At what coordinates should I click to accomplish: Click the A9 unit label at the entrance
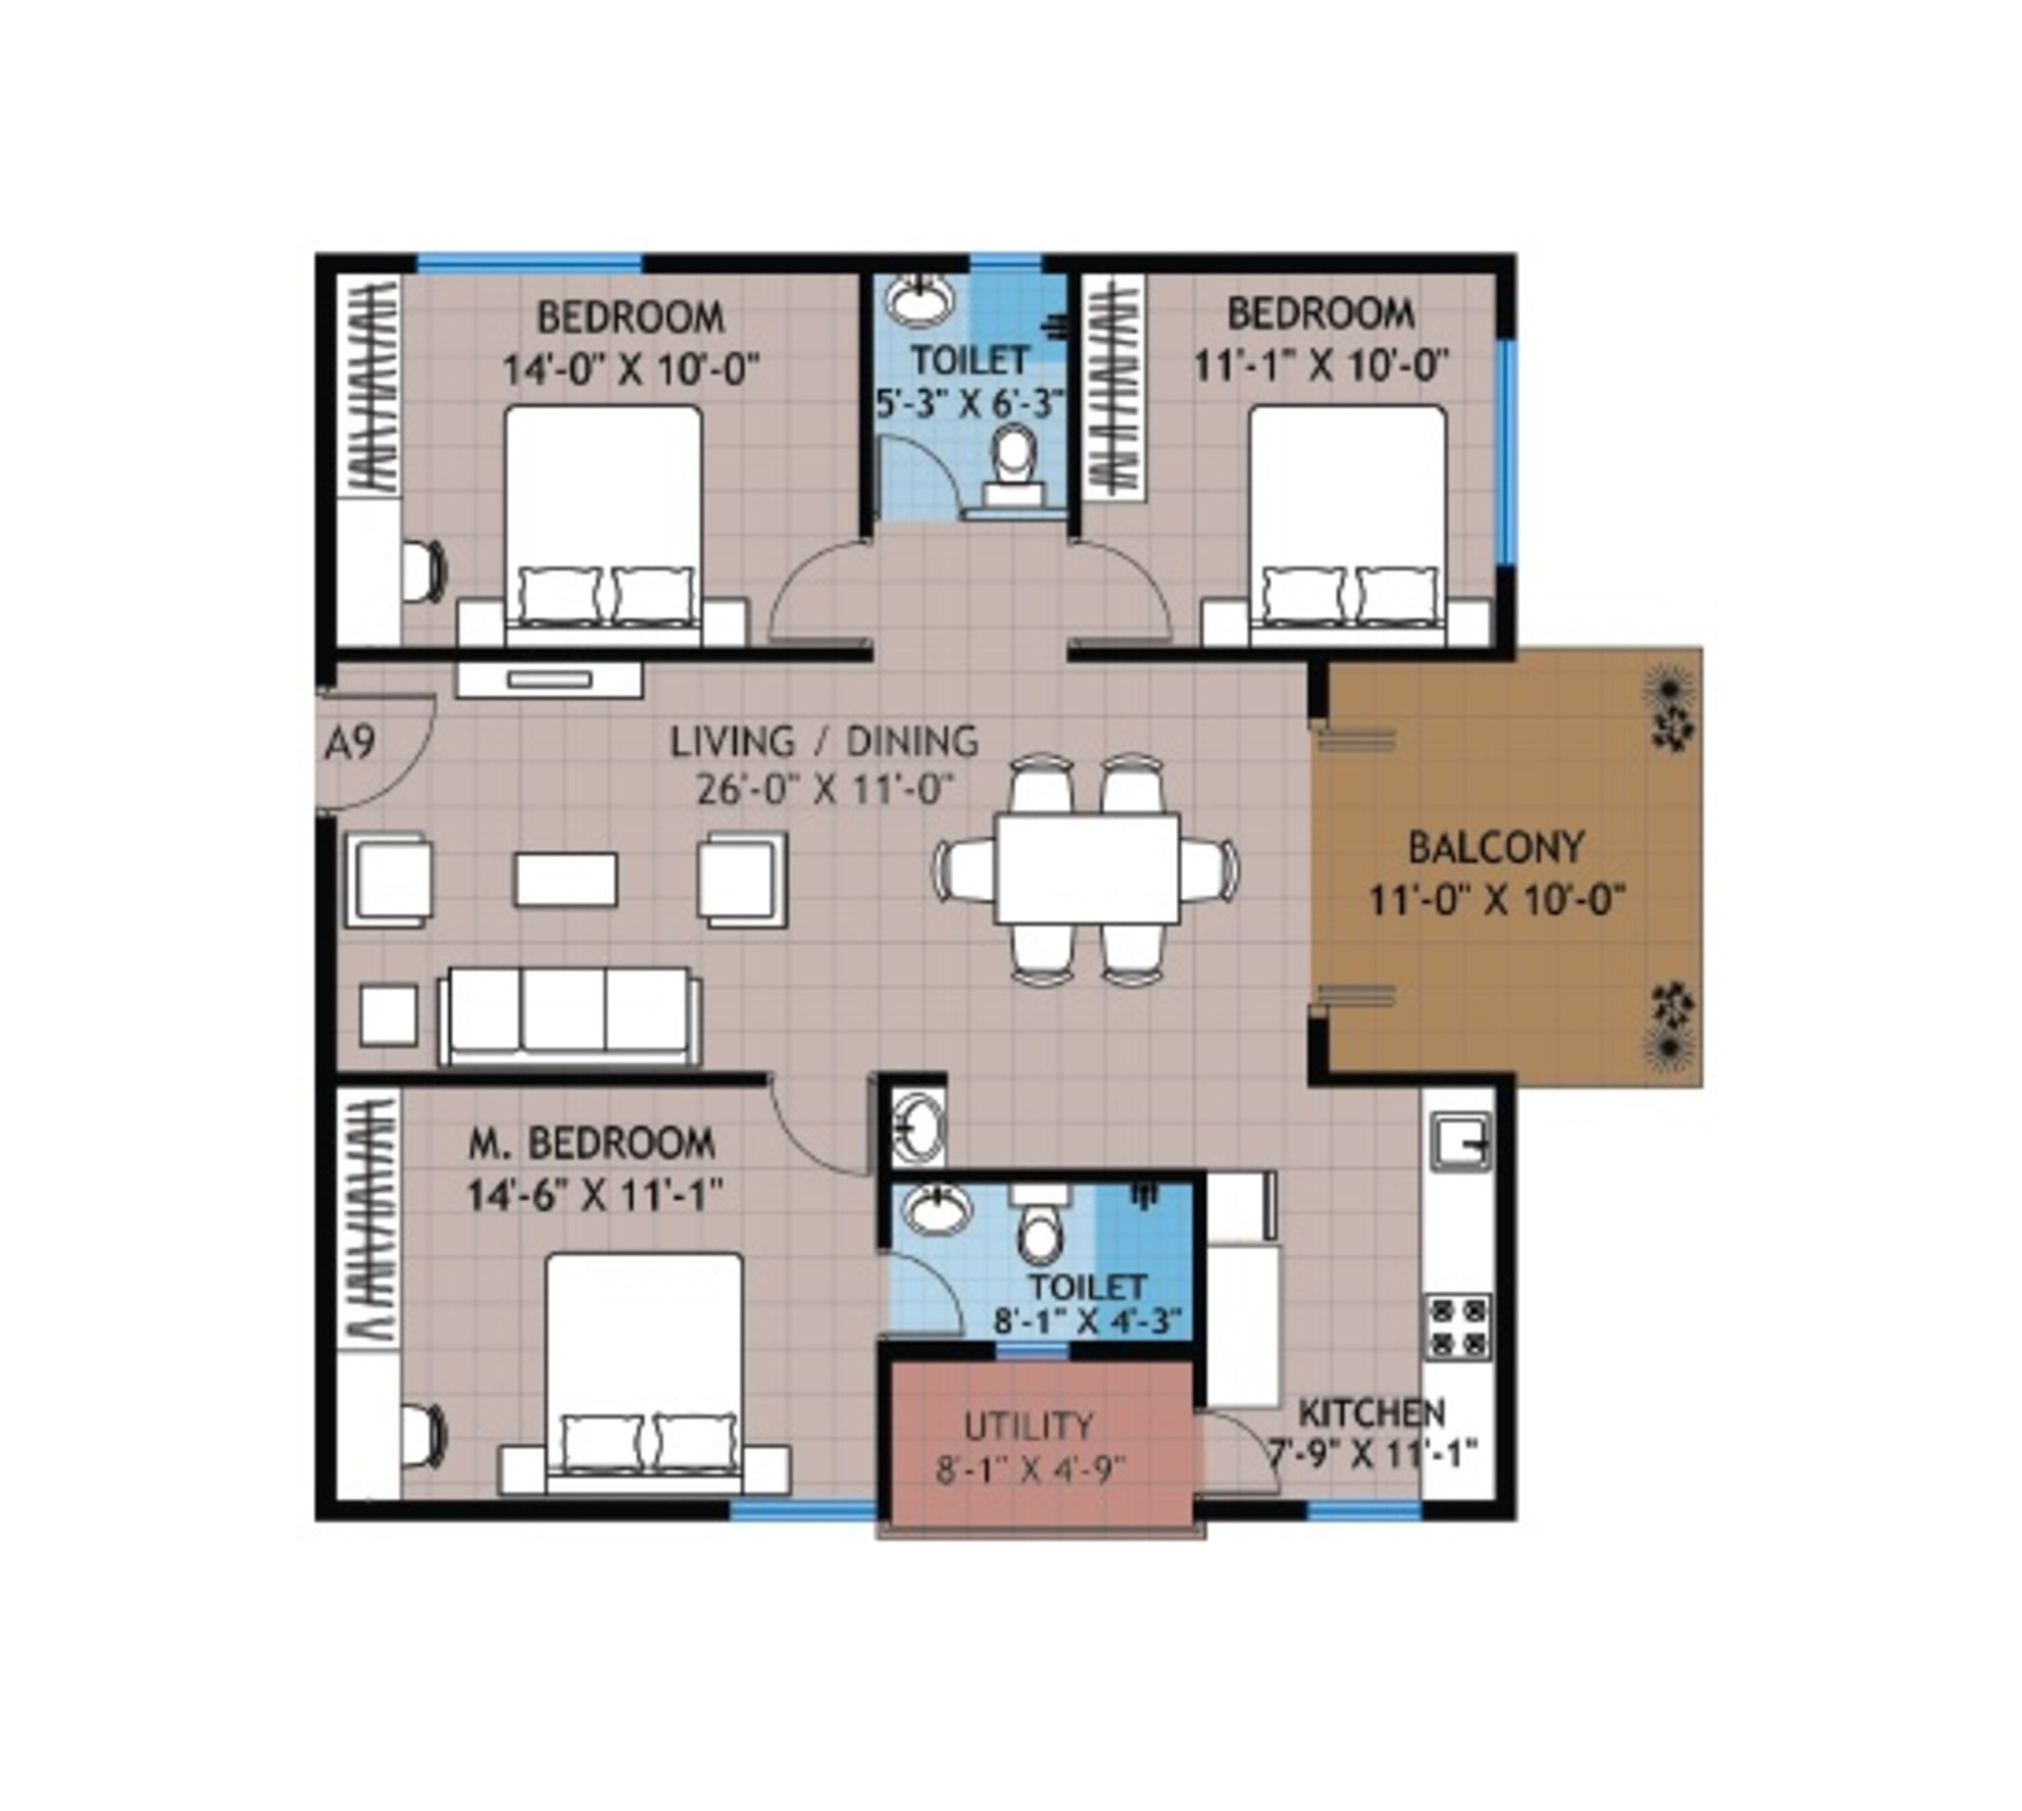coord(350,743)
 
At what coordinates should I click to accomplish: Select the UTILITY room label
coord(1029,1426)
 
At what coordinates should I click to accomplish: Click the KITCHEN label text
coord(1371,1413)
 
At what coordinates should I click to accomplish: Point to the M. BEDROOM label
coord(591,1143)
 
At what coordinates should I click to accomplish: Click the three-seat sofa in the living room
coord(569,1015)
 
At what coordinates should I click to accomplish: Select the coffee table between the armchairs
coord(565,880)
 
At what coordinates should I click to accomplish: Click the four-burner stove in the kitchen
coord(1458,1327)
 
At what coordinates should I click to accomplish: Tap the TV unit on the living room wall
coord(549,679)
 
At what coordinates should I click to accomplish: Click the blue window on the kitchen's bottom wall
coord(1364,1510)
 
